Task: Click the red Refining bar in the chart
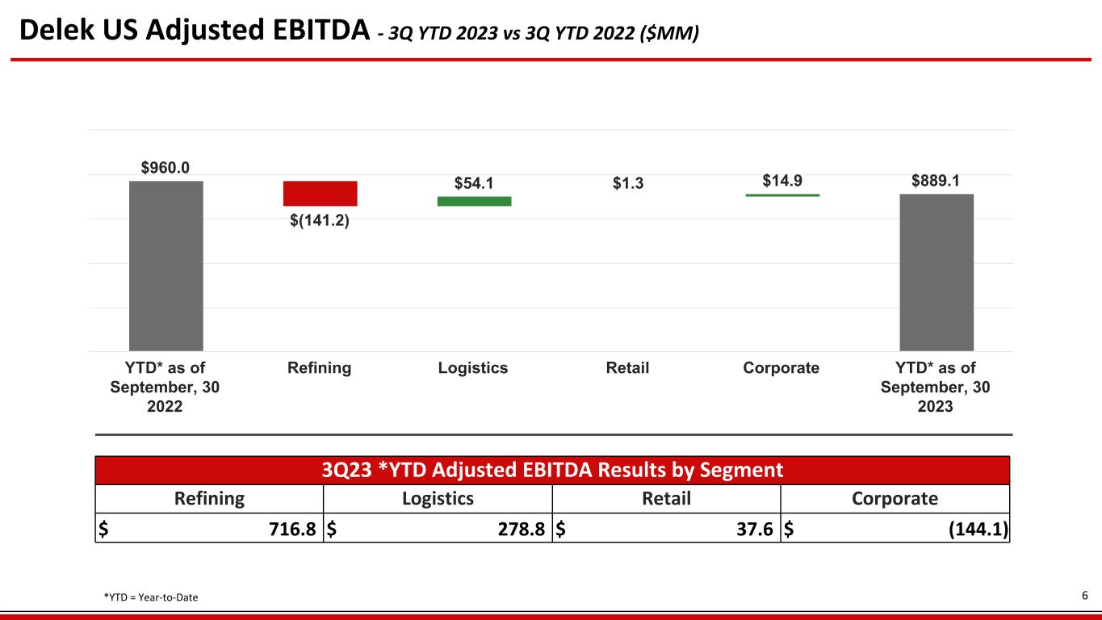pos(320,194)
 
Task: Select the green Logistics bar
pos(474,201)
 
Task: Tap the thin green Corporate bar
pos(782,195)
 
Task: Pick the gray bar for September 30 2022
pos(166,266)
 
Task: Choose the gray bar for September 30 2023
pos(936,273)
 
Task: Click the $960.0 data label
pos(166,168)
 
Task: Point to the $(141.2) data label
pos(320,220)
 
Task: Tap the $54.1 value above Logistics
pos(474,183)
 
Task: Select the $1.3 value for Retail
pos(628,183)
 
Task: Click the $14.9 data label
pos(782,181)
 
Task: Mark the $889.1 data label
pos(936,181)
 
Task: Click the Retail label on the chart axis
pos(627,367)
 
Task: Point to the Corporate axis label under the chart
pos(781,368)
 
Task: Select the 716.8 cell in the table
pos(292,529)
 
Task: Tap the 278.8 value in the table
pos(522,529)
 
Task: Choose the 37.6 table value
pos(755,529)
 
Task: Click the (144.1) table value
pos(978,529)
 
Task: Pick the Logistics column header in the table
pos(438,499)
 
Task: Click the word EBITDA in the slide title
pos(321,30)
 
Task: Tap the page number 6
pos(1085,596)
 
